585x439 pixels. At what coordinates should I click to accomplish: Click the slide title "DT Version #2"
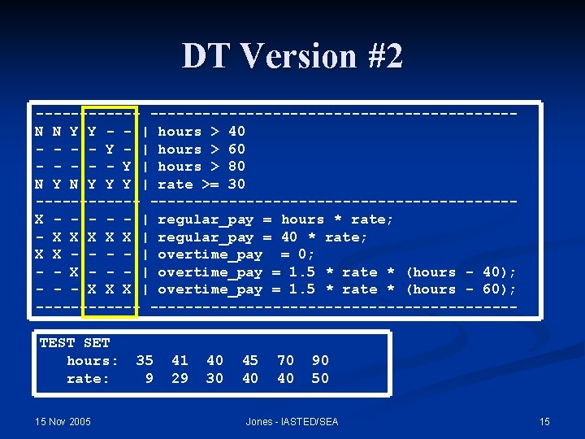[292, 56]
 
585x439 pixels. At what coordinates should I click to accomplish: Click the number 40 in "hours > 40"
[236, 132]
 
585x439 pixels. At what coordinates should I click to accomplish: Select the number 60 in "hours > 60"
[236, 150]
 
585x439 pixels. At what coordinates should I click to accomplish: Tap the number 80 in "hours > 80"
[236, 167]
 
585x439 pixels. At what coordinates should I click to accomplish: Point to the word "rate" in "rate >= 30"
[175, 185]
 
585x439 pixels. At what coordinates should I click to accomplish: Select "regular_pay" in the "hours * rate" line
[206, 219]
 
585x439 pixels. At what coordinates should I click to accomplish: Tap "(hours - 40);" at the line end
[461, 272]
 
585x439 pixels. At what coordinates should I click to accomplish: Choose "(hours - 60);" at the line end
[461, 289]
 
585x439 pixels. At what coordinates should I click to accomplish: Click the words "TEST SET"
[75, 343]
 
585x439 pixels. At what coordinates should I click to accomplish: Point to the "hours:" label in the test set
[93, 360]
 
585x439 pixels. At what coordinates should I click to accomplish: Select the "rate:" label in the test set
[88, 378]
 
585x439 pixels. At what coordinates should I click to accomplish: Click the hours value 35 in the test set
[145, 360]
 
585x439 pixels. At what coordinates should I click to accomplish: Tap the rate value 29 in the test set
[180, 378]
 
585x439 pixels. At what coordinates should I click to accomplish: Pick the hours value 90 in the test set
[320, 360]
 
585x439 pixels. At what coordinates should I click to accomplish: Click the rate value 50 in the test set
[320, 378]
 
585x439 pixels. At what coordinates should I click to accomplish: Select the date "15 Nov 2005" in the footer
[63, 421]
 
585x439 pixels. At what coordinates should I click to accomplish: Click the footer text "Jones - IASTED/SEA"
[292, 421]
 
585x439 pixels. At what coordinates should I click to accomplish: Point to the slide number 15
[544, 421]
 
